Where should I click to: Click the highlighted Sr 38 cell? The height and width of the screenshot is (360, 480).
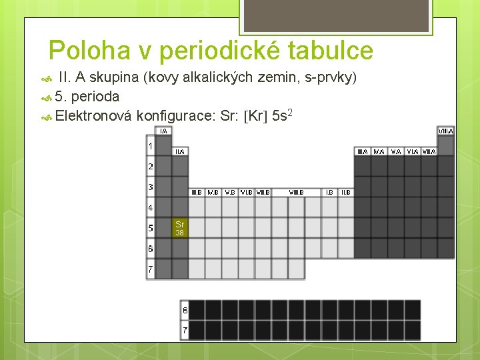point(180,228)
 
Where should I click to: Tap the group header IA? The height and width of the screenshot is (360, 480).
point(163,131)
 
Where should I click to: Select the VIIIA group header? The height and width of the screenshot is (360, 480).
point(446,131)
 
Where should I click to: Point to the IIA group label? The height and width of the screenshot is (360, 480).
point(180,151)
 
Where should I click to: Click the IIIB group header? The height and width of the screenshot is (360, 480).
point(197,192)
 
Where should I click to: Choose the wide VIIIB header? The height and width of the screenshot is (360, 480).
point(297,192)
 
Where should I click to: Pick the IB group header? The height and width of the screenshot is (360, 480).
point(329,192)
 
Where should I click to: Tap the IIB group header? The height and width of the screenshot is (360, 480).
point(346,192)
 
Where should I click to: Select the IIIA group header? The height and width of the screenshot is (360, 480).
point(363,151)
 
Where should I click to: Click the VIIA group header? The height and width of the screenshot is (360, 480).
point(429,151)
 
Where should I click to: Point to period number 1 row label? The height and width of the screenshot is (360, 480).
point(151,146)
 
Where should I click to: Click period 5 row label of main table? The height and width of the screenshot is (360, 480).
point(151,228)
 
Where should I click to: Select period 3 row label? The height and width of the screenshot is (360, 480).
point(151,187)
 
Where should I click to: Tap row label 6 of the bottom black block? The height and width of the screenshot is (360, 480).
point(185,310)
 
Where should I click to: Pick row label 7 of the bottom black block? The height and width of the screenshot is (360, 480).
point(185,330)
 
